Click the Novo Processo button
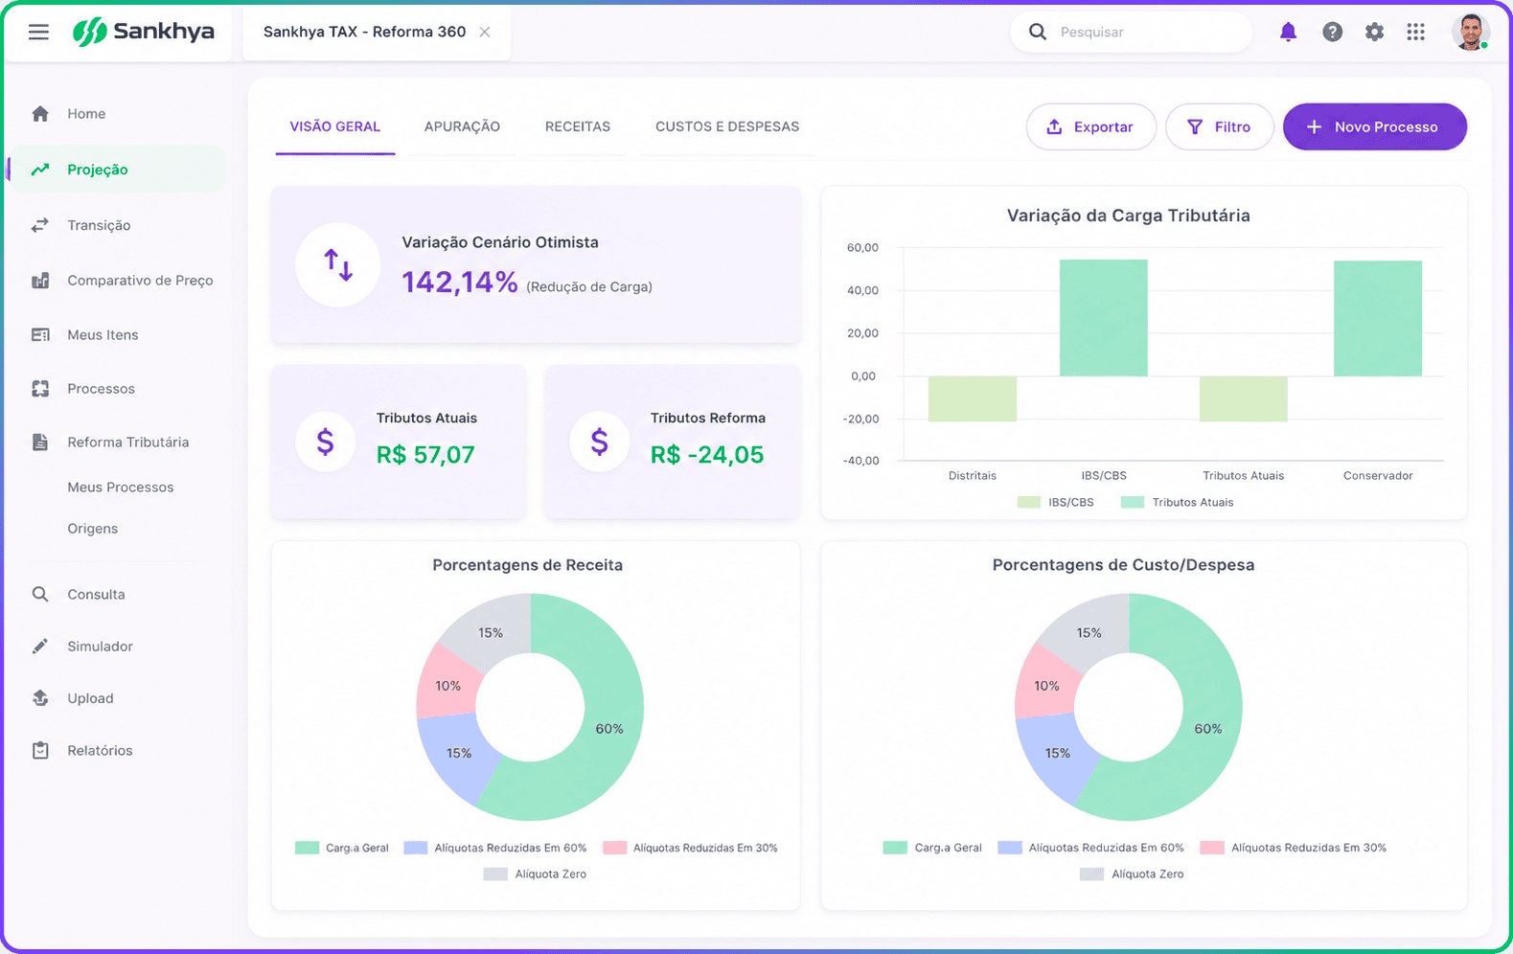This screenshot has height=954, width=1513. coord(1374,127)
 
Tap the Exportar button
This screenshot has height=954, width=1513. coord(1090,127)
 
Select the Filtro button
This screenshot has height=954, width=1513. coord(1219,127)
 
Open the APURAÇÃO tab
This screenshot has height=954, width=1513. coord(462,126)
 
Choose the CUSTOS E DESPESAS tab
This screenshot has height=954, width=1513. coord(726,126)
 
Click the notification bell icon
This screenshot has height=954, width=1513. coord(1288,32)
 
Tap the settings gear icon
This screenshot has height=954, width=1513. coord(1374,32)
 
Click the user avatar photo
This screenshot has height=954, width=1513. coord(1471,32)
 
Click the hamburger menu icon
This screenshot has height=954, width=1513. coord(38,32)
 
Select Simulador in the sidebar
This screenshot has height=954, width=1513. coord(100,647)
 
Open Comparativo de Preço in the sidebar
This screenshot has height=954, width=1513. coord(140,281)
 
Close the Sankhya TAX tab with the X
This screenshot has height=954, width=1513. coord(484,32)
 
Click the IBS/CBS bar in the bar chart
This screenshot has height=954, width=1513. coord(1103,318)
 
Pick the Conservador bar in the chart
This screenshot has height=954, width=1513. coord(1377,319)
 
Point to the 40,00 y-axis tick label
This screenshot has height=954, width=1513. coord(862,290)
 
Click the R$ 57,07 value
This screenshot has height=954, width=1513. coord(425,455)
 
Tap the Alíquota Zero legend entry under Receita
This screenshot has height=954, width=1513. coord(535,874)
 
